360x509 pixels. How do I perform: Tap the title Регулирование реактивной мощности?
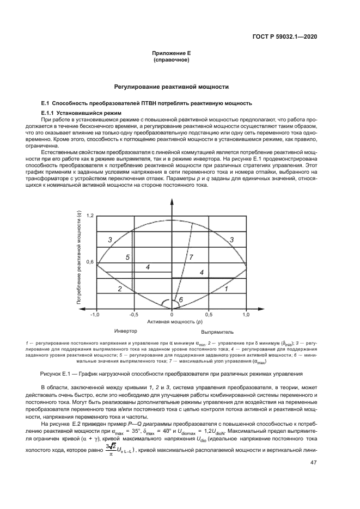pos(172,87)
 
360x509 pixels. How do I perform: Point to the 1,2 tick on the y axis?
pos(90,216)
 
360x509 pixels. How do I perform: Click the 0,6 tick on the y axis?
pos(90,262)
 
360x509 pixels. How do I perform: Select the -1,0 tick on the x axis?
pos(95,315)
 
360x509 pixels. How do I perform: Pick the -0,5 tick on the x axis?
pos(133,315)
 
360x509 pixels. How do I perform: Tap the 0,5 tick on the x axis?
pos(209,315)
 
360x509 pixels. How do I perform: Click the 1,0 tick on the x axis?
pos(246,315)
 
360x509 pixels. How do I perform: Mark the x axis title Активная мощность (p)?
pos(171,322)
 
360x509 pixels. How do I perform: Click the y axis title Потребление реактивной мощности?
pos(79,259)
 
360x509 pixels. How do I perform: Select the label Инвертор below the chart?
pos(125,331)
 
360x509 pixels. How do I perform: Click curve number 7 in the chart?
pos(191,256)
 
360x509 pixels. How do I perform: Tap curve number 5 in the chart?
pos(127,257)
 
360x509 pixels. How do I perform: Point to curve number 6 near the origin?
pos(181,299)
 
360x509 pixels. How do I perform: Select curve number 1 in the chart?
pos(225,290)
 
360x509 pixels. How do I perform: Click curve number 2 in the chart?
pos(119,289)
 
